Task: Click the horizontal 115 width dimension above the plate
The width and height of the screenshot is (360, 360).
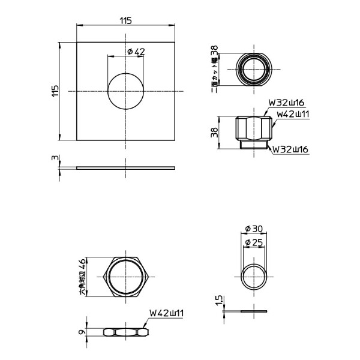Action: (x=125, y=21)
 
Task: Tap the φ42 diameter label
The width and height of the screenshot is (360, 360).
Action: (x=136, y=52)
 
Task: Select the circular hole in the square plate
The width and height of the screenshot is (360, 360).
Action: (x=126, y=91)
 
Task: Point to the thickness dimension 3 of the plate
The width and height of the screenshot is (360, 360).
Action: (x=55, y=159)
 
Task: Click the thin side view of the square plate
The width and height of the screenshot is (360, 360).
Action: (x=126, y=167)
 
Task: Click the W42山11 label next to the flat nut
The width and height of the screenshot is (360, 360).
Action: (x=166, y=313)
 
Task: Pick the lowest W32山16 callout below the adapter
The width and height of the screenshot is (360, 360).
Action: (x=291, y=149)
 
